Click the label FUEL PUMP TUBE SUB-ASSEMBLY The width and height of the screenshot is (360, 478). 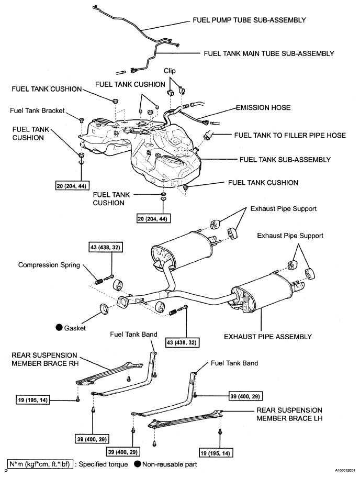click(249, 20)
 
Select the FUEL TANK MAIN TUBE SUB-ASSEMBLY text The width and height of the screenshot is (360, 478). click(269, 53)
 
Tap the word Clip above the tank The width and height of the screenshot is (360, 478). click(170, 71)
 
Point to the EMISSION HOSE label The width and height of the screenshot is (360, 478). click(263, 108)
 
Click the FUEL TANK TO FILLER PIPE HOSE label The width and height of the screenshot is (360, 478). click(290, 136)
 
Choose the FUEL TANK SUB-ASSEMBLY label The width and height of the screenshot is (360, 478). click(285, 160)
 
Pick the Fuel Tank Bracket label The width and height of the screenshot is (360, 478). click(37, 110)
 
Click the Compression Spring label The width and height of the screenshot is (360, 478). click(49, 264)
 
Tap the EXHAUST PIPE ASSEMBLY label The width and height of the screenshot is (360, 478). click(268, 337)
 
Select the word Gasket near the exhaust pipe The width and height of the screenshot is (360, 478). click(75, 328)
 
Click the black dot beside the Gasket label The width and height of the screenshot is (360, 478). click(59, 328)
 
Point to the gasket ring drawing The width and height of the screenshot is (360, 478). click(104, 308)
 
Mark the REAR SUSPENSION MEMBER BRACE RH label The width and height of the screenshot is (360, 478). click(45, 359)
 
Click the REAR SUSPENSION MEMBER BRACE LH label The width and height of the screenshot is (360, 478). click(289, 414)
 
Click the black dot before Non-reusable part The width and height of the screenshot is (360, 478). click(138, 464)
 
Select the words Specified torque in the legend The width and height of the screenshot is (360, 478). click(103, 464)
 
